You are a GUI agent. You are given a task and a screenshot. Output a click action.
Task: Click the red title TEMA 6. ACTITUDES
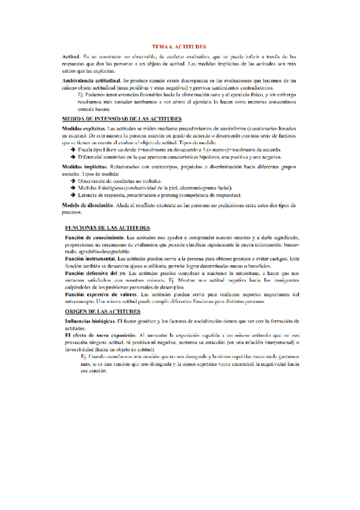tap(179, 46)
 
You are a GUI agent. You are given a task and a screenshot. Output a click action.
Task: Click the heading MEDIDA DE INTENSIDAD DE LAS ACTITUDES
tap(114, 120)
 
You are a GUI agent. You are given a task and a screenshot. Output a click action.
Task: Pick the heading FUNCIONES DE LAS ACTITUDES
tap(106, 228)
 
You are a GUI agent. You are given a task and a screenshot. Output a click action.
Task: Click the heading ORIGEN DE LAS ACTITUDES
tap(103, 312)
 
